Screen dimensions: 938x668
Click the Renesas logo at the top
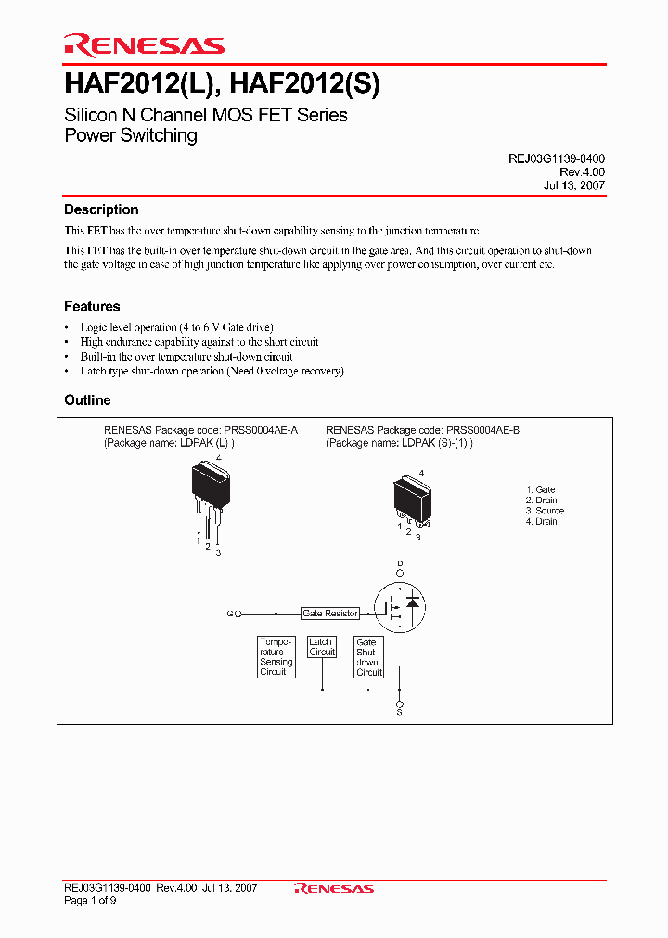click(x=144, y=45)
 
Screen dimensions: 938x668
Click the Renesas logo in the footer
click(x=334, y=888)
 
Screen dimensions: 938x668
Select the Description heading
click(x=101, y=210)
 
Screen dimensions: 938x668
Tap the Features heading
click(x=92, y=307)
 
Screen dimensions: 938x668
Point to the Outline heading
click(x=87, y=400)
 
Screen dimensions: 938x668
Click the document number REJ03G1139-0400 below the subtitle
click(x=556, y=159)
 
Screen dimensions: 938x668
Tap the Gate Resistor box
click(x=330, y=614)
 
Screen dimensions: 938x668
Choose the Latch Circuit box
click(x=321, y=647)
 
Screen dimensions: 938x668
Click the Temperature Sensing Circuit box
click(x=276, y=656)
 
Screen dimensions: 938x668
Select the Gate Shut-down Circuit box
click(x=368, y=656)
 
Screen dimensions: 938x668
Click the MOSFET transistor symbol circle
click(x=400, y=606)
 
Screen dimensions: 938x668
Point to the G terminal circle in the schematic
click(x=238, y=614)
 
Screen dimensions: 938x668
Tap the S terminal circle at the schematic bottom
click(x=400, y=704)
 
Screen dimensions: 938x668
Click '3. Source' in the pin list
click(x=545, y=511)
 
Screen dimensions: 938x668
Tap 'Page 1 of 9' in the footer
click(x=90, y=900)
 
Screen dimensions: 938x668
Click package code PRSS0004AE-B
click(x=482, y=430)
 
